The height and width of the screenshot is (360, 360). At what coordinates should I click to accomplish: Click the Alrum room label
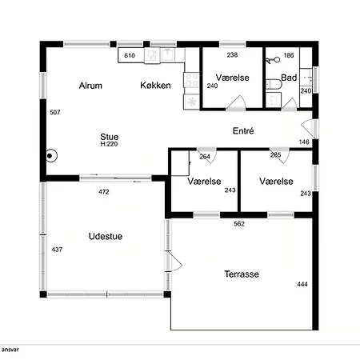point(90,86)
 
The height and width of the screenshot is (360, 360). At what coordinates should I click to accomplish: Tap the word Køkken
point(155,86)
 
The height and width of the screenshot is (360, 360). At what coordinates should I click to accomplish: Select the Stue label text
point(110,137)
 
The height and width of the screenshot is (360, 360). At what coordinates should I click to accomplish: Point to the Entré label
point(243,130)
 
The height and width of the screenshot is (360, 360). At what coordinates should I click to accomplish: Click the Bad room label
point(289,78)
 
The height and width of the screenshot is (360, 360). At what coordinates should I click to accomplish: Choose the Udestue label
point(106,236)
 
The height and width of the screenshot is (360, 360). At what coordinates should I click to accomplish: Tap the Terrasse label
point(242,274)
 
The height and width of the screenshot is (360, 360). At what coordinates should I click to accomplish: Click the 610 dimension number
point(130,55)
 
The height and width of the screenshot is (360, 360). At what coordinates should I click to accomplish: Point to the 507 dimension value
point(55,112)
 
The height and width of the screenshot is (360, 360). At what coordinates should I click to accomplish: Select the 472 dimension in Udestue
point(104,192)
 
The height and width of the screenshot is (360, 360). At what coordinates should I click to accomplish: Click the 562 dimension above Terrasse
point(239,224)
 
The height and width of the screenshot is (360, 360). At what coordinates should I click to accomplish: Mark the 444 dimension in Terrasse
point(302,284)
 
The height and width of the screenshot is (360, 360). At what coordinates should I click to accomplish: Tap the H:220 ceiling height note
point(109,144)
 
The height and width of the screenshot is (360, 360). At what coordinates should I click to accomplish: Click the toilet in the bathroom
point(274,84)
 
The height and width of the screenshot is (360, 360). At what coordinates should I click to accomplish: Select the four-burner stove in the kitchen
point(191,80)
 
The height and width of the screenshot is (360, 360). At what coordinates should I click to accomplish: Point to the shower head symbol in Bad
point(273,60)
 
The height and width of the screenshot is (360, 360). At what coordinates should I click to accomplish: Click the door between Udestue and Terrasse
point(174,262)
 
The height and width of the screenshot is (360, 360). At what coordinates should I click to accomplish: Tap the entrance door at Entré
point(310,129)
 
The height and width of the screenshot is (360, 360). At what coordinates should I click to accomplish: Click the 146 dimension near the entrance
point(304,142)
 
